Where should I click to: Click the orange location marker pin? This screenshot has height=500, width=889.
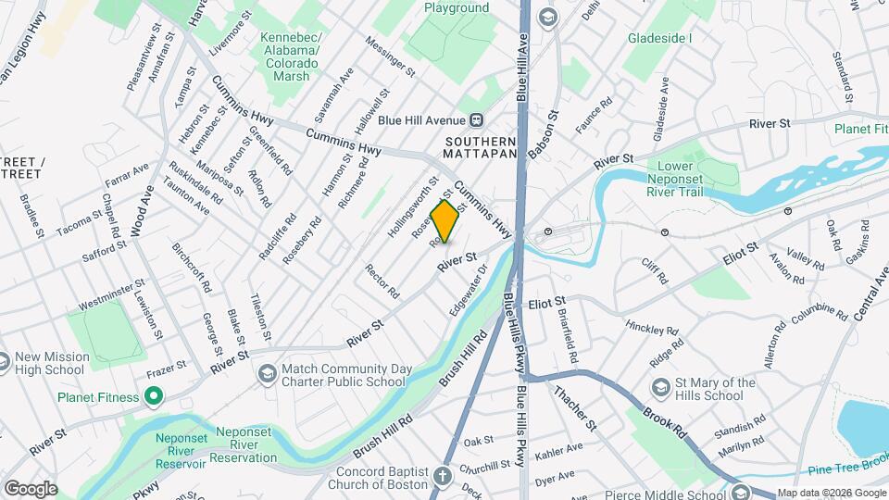click(x=445, y=221)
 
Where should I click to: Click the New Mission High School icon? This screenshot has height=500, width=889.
click(x=6, y=357)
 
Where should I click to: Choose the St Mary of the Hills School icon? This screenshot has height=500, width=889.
click(x=661, y=385)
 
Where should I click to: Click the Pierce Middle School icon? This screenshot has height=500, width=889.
click(x=739, y=491)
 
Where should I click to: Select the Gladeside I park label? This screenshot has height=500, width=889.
click(x=659, y=38)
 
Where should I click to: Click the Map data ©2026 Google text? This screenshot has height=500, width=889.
click(x=831, y=493)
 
